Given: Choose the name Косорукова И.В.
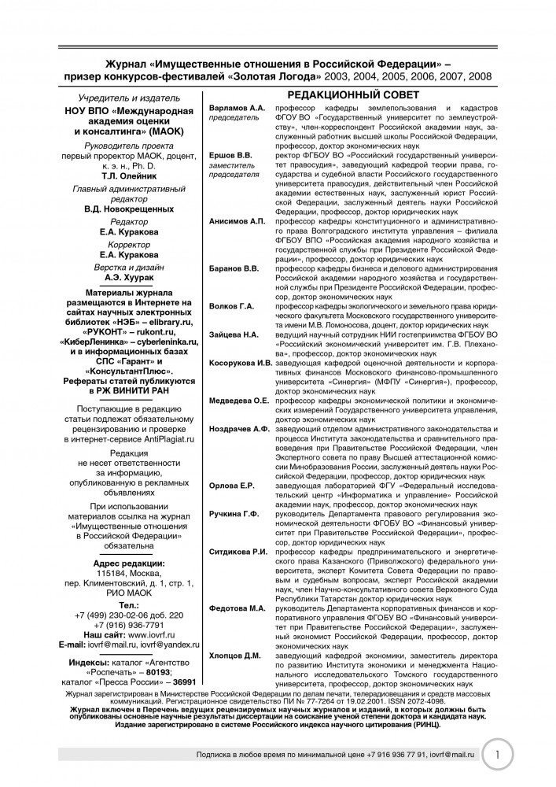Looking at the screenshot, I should click(241, 363).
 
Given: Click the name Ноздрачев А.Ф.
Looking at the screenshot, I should click(239, 429).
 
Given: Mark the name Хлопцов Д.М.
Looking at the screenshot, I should click(235, 656).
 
